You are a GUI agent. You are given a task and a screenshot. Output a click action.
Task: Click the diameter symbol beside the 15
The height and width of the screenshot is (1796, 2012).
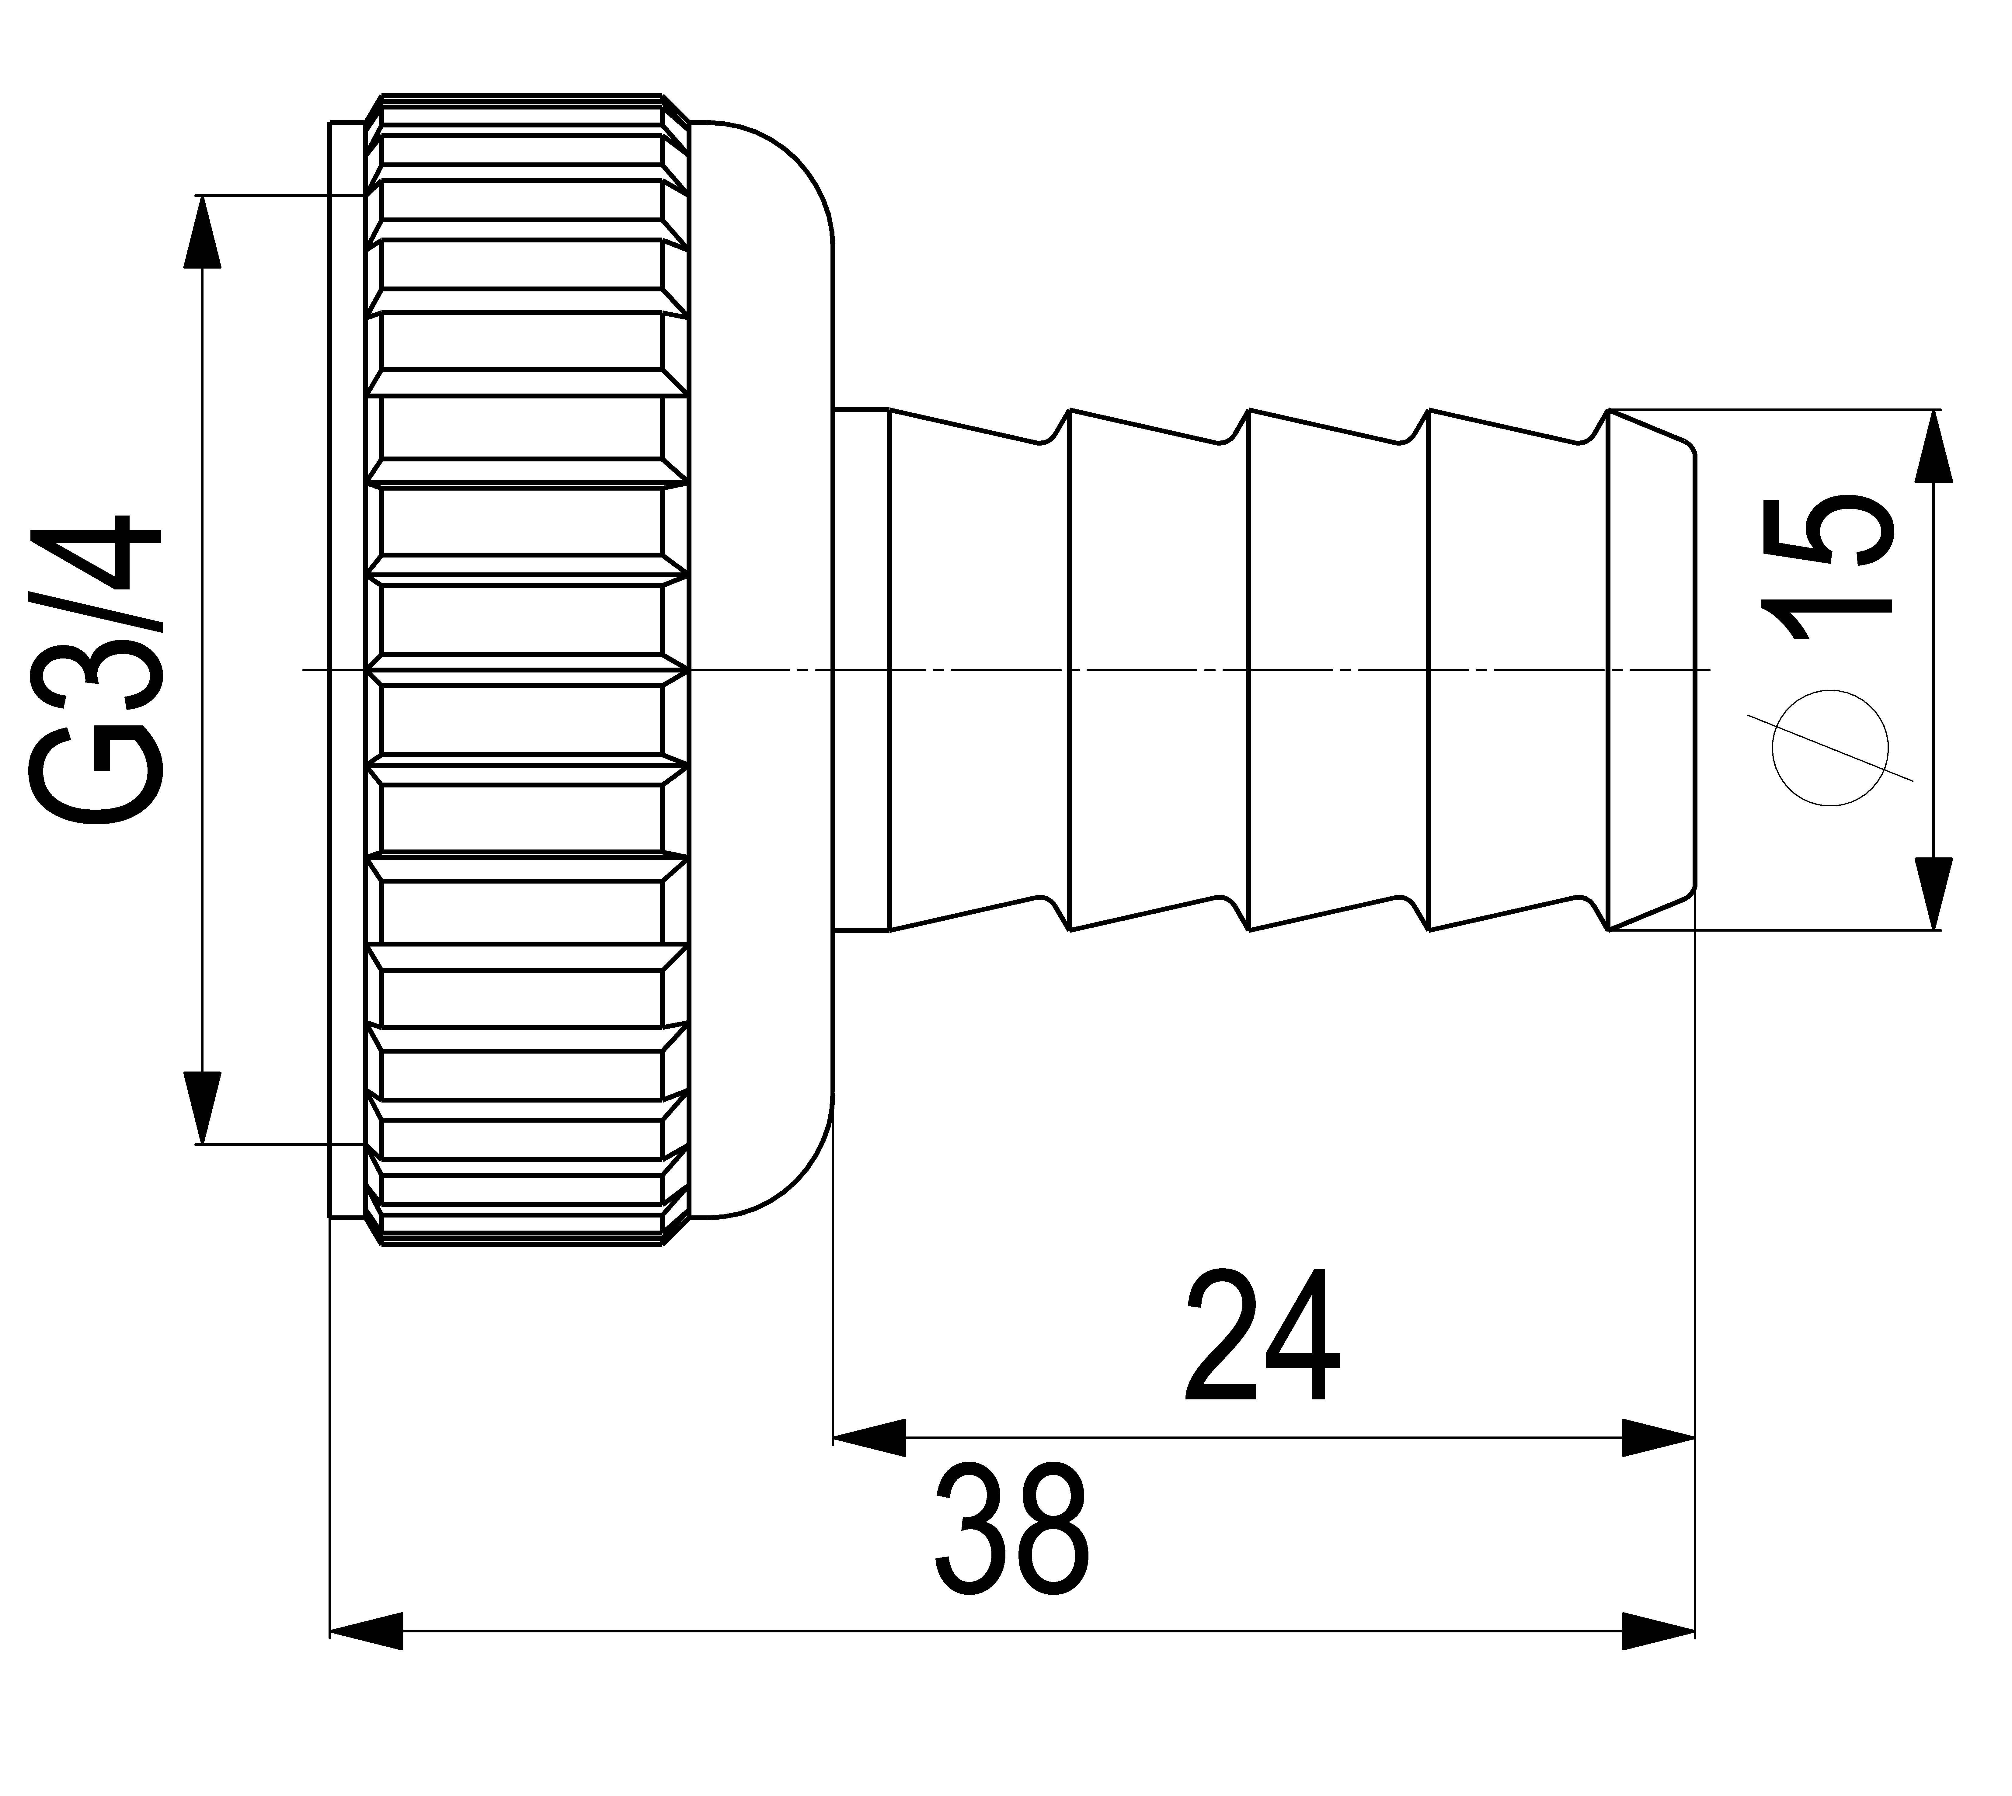[1830, 748]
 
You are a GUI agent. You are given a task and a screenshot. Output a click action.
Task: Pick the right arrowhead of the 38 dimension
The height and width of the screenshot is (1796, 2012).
[1658, 1631]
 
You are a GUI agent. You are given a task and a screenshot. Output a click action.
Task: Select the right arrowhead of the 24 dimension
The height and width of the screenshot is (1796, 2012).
[1658, 1438]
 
